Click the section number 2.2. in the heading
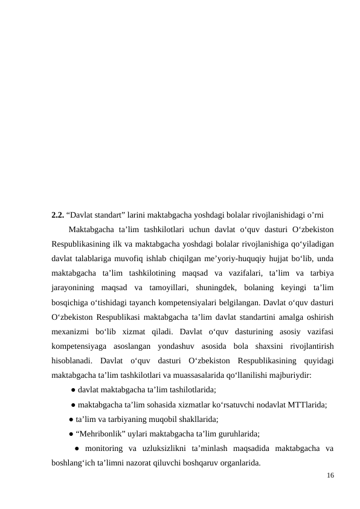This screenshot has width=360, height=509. [58, 215]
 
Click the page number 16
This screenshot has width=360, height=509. [330, 476]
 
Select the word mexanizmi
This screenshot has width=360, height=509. [71, 331]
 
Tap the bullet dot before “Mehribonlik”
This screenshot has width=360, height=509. [72, 433]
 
